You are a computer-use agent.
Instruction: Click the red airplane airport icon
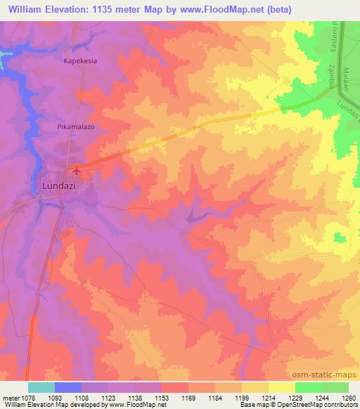click(77, 169)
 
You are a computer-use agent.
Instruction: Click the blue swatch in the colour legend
click(69, 387)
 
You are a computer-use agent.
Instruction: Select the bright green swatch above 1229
click(309, 387)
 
